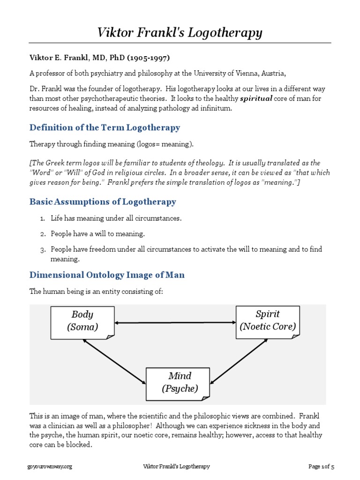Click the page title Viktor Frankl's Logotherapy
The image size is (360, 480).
pyautogui.click(x=180, y=33)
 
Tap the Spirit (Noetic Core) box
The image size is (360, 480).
pyautogui.click(x=268, y=320)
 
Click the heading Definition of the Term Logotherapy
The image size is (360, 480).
pyautogui.click(x=105, y=127)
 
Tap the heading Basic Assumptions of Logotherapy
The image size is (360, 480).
pyautogui.click(x=103, y=202)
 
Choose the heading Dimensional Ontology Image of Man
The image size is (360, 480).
pyautogui.click(x=107, y=275)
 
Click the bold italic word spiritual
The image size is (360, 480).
pyautogui.click(x=256, y=99)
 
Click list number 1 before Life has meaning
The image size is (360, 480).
pyautogui.click(x=42, y=218)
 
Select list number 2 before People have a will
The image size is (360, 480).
pyautogui.click(x=42, y=234)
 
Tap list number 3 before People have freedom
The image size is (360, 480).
pyautogui.click(x=42, y=249)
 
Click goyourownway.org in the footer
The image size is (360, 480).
pyautogui.click(x=51, y=466)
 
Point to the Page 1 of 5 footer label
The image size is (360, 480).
pyautogui.click(x=321, y=466)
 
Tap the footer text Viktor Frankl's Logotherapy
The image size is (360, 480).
pyautogui.click(x=176, y=466)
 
